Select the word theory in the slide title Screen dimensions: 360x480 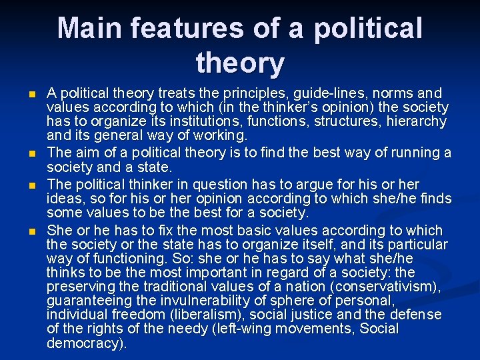pos(240,64)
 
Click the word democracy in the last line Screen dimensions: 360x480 pos(85,343)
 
